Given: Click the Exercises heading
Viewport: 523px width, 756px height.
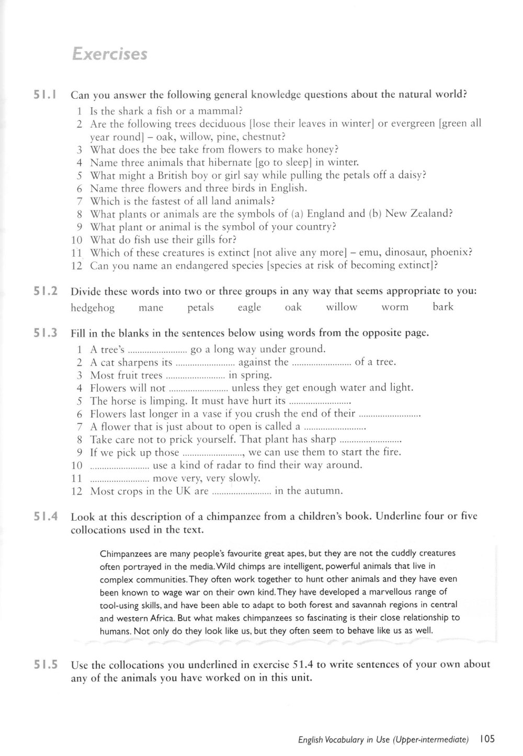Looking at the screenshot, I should click(109, 54).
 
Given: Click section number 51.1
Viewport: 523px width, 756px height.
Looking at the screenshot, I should click(46, 95).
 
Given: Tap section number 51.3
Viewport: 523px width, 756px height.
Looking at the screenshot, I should click(46, 333).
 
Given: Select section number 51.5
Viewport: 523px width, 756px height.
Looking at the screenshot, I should click(46, 666).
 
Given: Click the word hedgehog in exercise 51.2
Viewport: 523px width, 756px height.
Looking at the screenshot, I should click(93, 307).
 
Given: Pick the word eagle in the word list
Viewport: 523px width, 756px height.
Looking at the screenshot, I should click(249, 307).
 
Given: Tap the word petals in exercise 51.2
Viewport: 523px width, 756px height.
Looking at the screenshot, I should click(200, 307).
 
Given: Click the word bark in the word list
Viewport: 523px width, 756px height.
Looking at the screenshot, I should click(443, 307).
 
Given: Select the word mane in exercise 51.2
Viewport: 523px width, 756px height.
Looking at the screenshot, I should click(151, 307).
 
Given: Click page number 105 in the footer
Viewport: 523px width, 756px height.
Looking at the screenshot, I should click(486, 739).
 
